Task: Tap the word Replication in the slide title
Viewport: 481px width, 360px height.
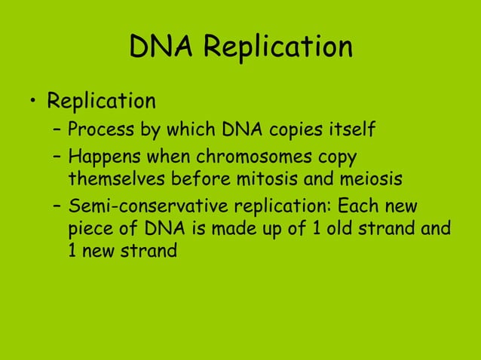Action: (278, 48)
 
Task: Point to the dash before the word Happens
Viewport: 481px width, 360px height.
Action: (57, 158)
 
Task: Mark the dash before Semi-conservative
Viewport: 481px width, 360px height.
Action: (57, 206)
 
